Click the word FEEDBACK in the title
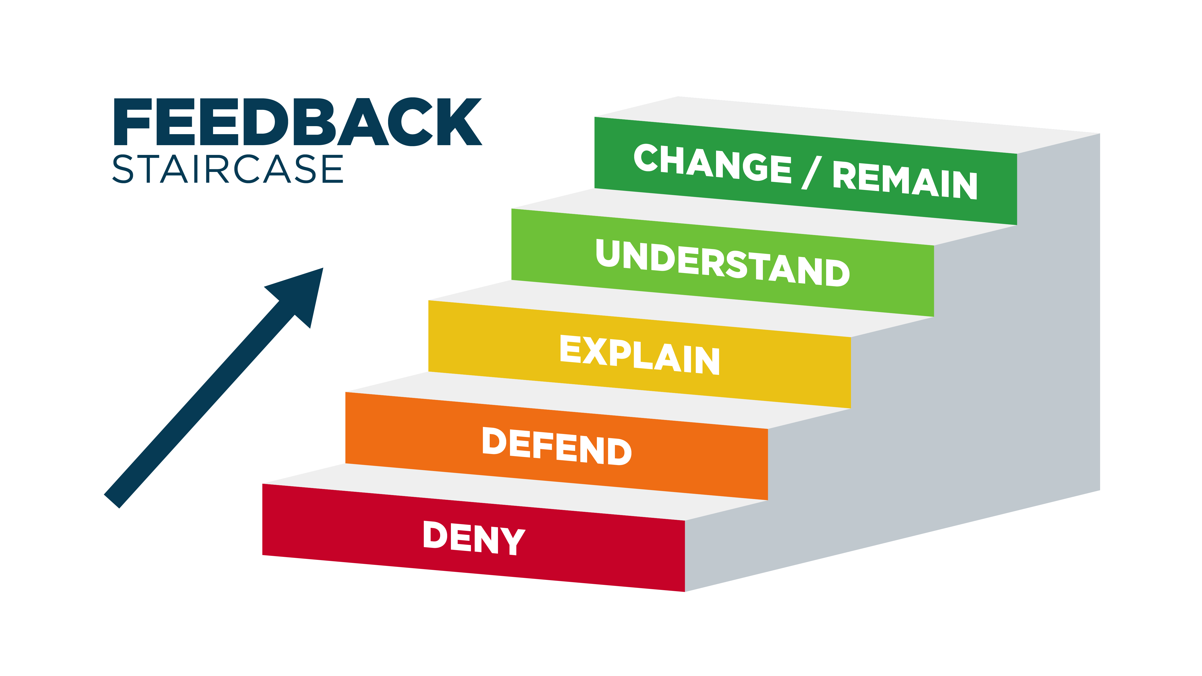click(x=298, y=122)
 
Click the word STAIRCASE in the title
click(x=228, y=169)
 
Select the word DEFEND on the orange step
click(x=557, y=446)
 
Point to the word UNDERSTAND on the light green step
click(x=723, y=263)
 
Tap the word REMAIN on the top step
click(x=905, y=180)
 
